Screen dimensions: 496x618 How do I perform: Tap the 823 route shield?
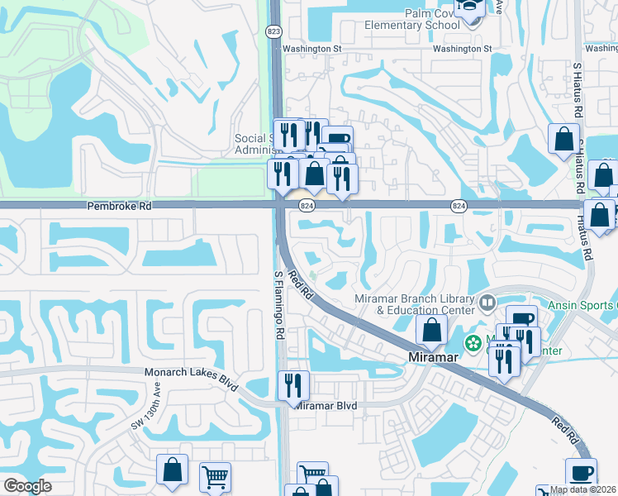tap(273, 31)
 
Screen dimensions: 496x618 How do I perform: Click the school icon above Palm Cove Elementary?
tap(470, 10)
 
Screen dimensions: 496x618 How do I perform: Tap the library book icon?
tap(487, 304)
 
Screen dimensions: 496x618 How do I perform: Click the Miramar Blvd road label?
tap(327, 405)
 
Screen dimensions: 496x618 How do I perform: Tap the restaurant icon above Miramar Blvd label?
tap(293, 384)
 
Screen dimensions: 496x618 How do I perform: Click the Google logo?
tap(27, 486)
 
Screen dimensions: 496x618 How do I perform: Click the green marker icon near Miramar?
tap(473, 342)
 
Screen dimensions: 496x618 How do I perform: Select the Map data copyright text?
tap(583, 490)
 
